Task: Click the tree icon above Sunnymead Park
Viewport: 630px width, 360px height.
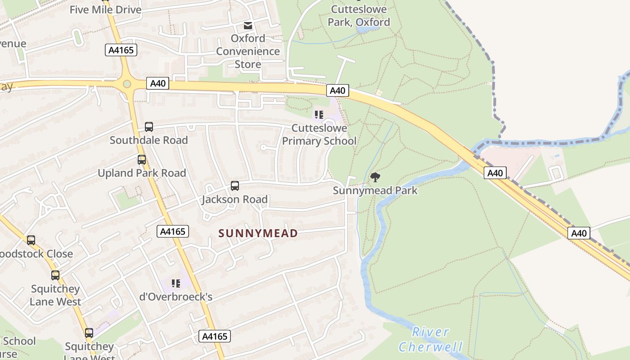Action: tap(375, 177)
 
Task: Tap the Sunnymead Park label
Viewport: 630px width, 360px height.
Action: tap(375, 190)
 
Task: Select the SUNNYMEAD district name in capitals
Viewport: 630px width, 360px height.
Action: tap(258, 233)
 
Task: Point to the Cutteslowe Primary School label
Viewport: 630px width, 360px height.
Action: tap(319, 135)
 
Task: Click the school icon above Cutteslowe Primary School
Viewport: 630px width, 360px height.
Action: tap(319, 115)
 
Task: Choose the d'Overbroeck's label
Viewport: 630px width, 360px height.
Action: tap(176, 297)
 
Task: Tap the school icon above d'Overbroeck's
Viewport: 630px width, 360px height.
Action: tap(176, 283)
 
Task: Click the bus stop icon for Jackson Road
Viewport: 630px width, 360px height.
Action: tap(234, 185)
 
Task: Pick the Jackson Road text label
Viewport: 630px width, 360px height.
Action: tap(234, 199)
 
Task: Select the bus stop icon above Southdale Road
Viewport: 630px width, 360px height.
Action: tap(149, 127)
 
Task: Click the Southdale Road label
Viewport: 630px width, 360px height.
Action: tap(149, 140)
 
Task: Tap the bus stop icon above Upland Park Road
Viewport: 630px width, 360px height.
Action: tap(142, 159)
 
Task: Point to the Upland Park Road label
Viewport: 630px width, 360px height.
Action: tap(142, 173)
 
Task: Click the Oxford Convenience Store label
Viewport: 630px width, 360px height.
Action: tap(248, 51)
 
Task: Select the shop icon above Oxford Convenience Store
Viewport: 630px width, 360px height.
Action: tap(248, 25)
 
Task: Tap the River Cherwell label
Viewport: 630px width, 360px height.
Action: tap(431, 340)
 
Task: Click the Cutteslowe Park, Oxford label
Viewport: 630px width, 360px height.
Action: tap(359, 16)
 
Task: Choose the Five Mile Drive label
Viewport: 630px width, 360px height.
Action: tap(105, 9)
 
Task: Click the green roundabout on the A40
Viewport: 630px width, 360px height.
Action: tap(127, 84)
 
